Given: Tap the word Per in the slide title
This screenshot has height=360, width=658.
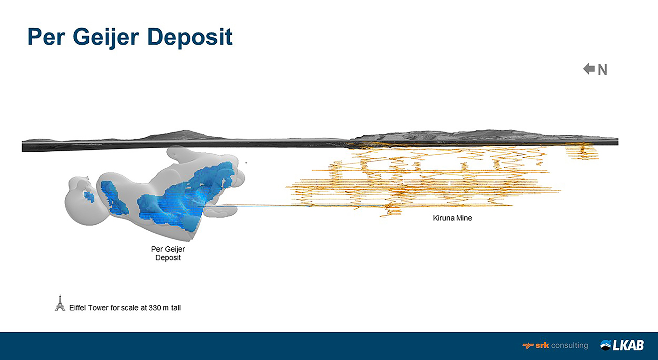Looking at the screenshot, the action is point(46,37).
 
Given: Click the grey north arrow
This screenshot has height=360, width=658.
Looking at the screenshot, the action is point(588,69).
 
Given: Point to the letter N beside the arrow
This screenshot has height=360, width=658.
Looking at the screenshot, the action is point(603,70).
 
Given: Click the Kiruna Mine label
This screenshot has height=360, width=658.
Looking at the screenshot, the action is point(452,218).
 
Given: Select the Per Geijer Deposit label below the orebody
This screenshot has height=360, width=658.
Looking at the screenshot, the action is point(168,253).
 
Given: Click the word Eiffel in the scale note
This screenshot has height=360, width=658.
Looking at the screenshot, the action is point(78,308).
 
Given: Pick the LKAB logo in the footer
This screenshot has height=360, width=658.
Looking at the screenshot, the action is point(622,345).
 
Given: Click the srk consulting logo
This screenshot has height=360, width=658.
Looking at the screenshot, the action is point(555,345).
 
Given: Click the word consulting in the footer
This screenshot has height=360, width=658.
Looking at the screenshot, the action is point(569,345).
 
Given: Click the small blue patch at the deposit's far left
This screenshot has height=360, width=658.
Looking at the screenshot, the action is point(88,196).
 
